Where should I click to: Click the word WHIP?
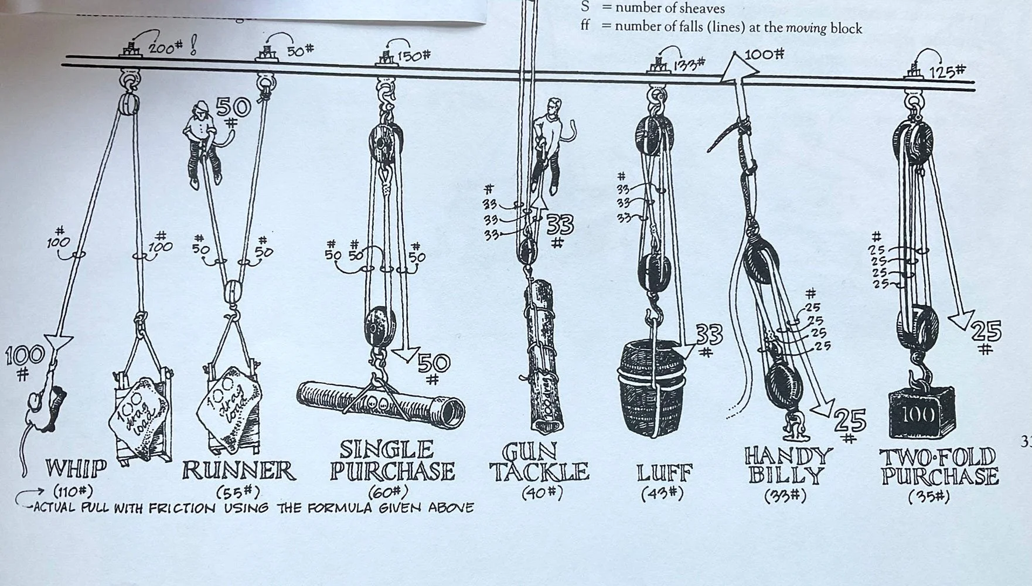pyautogui.click(x=77, y=469)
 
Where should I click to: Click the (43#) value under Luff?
pyautogui.click(x=663, y=493)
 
